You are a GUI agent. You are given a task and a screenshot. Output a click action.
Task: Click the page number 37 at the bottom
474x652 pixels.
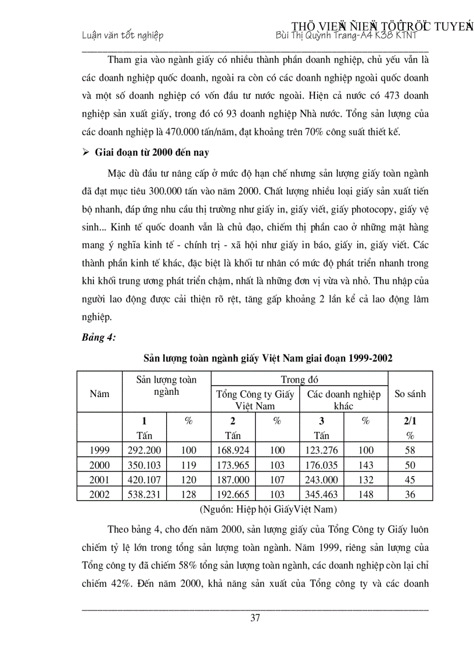point(255,617)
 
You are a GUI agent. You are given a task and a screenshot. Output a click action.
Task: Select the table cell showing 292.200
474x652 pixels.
point(145,450)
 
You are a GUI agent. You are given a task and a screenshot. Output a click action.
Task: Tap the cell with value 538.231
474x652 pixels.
point(145,494)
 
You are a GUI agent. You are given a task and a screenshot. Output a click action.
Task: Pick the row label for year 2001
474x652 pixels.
point(99,480)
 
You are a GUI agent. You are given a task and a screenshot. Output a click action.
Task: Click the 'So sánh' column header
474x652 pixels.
point(410,394)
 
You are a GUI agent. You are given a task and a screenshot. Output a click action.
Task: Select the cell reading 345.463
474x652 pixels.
point(322,494)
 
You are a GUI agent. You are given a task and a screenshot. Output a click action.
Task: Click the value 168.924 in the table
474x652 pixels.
point(232,450)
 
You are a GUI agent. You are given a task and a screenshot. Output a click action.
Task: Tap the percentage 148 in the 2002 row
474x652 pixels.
point(365,494)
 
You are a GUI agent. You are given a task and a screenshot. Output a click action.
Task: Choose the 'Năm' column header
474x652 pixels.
point(99,394)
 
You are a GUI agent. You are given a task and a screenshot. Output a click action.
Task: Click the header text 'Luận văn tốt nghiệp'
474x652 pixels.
point(122,35)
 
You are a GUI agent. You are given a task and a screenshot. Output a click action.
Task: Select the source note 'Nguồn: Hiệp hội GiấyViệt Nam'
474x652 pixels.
point(268,509)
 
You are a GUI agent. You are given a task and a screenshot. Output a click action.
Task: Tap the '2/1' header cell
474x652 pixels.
point(410,422)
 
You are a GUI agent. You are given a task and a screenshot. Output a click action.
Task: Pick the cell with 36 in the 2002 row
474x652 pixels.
point(410,494)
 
